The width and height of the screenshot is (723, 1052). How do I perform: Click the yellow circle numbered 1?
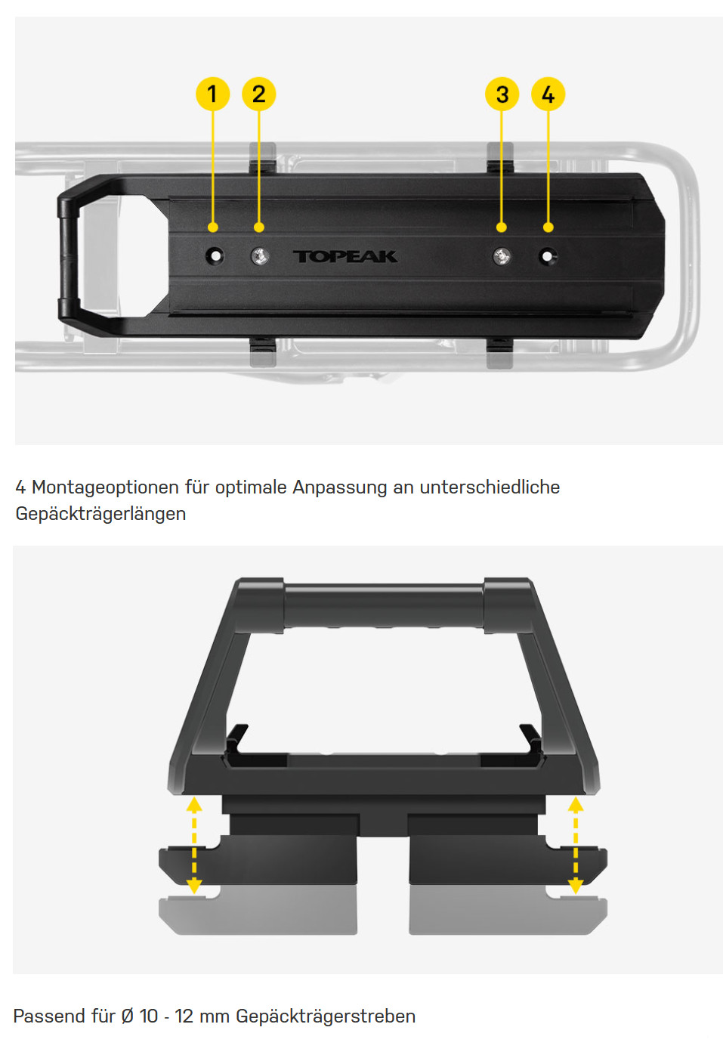[x=213, y=94]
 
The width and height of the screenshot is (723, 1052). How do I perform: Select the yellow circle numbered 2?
[x=258, y=94]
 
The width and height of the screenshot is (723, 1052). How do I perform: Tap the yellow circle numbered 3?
[x=502, y=94]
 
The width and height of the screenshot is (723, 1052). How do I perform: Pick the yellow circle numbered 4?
[x=548, y=94]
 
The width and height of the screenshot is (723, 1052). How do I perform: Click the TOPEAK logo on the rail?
[x=345, y=256]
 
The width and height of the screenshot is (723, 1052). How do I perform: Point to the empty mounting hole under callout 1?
[x=215, y=256]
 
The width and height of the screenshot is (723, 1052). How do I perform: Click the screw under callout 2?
[x=260, y=256]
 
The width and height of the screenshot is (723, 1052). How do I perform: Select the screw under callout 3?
[x=502, y=256]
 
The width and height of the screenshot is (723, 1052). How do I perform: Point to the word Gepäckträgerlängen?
[x=100, y=514]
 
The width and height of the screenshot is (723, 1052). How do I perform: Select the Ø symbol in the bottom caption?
[x=127, y=1016]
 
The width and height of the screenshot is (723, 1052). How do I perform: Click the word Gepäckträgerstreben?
[x=326, y=1016]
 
